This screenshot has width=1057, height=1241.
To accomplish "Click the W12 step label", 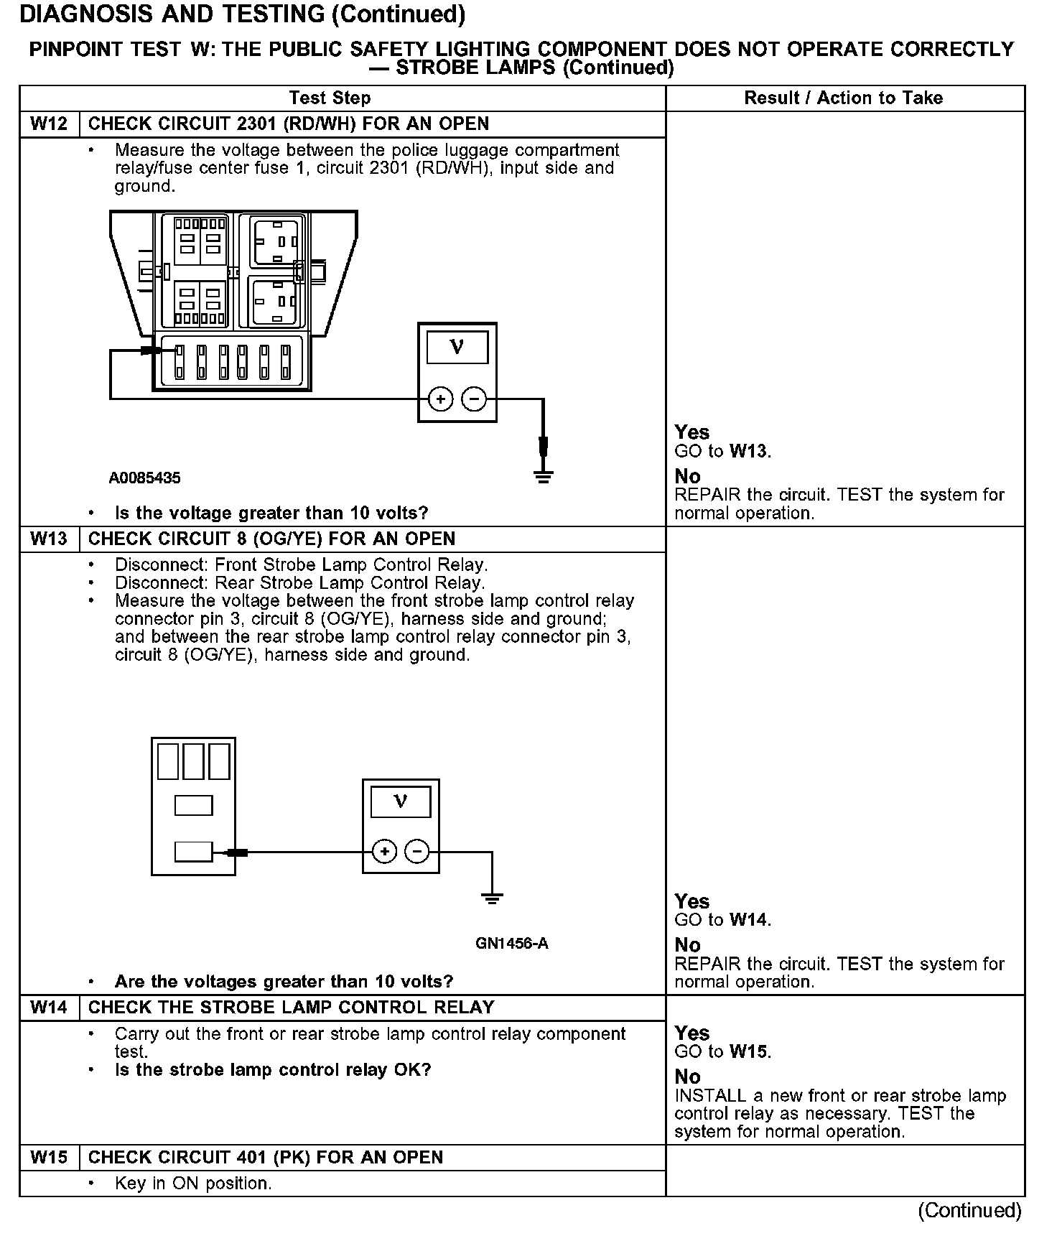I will tap(49, 124).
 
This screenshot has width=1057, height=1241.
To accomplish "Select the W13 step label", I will tap(49, 539).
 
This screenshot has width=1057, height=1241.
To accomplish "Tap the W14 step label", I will tap(49, 1008).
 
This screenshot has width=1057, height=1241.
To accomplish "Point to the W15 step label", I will tap(49, 1158).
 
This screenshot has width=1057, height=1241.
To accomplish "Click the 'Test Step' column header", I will tap(330, 98).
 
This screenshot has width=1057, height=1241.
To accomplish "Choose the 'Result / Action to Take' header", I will tap(843, 98).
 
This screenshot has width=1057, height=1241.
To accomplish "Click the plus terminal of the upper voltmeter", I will tap(441, 399).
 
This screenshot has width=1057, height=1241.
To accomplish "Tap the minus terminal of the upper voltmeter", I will tap(473, 399).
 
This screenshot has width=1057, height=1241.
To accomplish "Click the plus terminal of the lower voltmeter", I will tap(385, 852).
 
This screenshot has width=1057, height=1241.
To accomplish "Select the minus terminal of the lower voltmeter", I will tap(417, 852).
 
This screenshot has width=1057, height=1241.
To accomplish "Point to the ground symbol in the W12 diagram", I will tap(544, 475).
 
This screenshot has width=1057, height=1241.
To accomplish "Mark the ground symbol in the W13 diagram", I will tap(492, 898).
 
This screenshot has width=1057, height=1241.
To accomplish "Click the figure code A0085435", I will tap(144, 478).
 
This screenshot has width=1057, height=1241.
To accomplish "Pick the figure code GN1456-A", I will tap(512, 944).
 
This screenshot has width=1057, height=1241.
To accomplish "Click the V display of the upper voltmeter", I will tap(457, 348).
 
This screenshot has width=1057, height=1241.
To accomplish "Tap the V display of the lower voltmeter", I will tap(401, 801).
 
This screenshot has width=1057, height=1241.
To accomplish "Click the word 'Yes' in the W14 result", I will tap(692, 1033).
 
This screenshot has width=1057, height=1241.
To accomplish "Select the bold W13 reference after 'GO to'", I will tap(749, 452).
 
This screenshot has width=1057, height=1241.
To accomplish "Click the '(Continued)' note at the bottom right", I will tap(969, 1210).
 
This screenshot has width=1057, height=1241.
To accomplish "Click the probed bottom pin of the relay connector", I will tap(193, 852).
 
